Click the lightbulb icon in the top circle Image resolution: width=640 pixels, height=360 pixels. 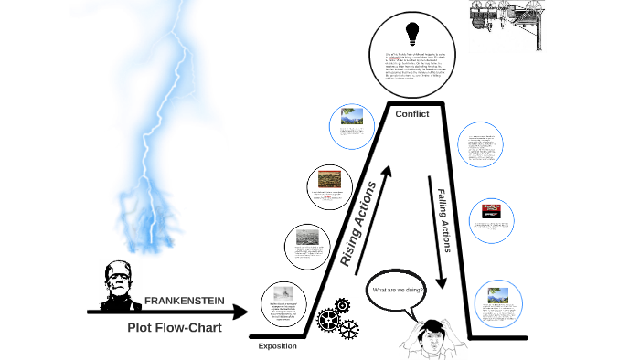pos(412,33)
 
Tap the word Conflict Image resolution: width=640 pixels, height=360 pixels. pos(411,113)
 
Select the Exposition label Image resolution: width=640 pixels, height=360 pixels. pos(277,346)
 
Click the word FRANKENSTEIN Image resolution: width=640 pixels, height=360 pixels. pos(185,301)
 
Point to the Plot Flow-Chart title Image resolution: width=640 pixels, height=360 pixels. pos(174,327)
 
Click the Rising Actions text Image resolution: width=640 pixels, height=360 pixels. pos(359,223)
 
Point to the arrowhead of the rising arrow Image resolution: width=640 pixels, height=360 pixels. pos(389,171)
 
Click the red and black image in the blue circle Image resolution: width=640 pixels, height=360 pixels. pos(492,211)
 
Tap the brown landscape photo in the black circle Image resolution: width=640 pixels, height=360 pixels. pos(330,179)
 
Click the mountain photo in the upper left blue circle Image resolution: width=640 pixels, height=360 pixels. pos(352,117)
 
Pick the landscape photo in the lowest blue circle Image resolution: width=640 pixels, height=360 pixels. pos(498,295)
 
